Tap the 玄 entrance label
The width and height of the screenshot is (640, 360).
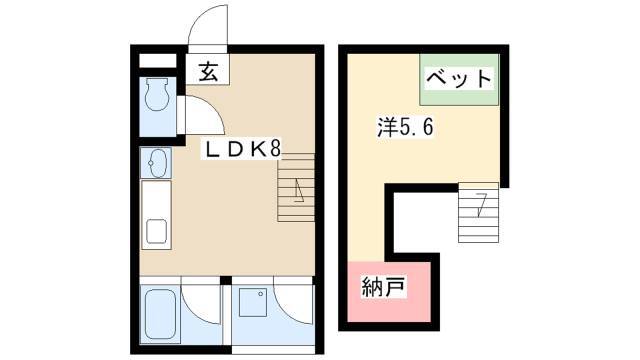coord(208,72)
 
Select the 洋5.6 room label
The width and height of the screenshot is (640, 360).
coord(405,127)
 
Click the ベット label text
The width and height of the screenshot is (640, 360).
coord(459,78)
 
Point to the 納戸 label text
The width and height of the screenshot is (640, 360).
coord(383,287)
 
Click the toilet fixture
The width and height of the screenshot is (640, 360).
coord(157,94)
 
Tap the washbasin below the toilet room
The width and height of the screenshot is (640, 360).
coord(156,163)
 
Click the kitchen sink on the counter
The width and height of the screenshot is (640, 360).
coord(156,231)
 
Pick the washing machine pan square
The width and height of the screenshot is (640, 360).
coord(253,302)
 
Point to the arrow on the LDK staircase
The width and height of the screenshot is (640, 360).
coord(298,192)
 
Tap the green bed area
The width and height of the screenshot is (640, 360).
coord(459,80)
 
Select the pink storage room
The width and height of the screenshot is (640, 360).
coord(389,291)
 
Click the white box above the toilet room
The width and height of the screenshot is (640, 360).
coord(157,61)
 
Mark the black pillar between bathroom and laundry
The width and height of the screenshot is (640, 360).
coord(226,280)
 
